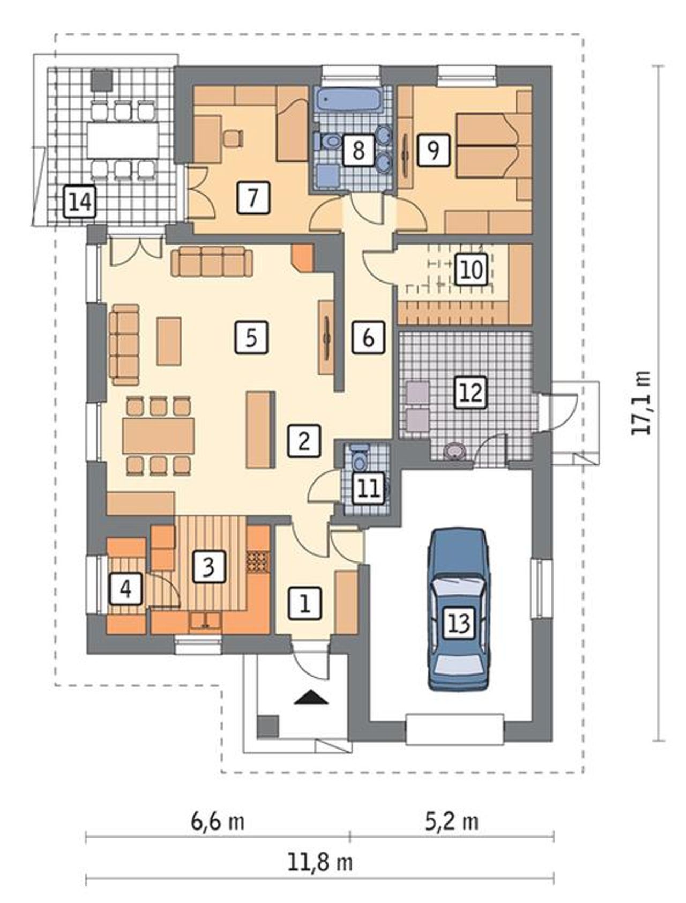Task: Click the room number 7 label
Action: pos(252,197)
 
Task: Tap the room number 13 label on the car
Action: pos(459,623)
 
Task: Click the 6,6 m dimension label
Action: pos(218,821)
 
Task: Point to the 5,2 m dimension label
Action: pos(452,821)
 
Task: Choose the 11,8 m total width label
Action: pos(320,862)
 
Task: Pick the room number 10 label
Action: pos(471,269)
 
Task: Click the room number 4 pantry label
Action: pos(125,589)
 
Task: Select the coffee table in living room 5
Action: pos(169,341)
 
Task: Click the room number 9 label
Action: pos(433,150)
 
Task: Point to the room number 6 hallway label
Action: pos(368,337)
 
